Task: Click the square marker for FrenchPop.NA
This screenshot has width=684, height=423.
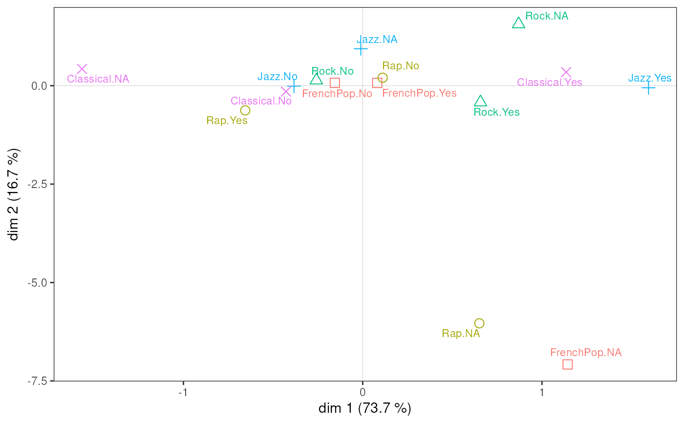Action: click(567, 364)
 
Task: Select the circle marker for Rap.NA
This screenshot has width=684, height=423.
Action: click(479, 323)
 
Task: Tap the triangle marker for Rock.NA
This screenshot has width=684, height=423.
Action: click(518, 23)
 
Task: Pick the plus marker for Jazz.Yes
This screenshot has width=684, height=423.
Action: click(648, 88)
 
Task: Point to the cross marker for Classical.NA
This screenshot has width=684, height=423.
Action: click(82, 69)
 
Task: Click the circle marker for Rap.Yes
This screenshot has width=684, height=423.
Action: click(245, 110)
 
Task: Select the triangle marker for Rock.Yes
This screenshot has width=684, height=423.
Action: click(481, 101)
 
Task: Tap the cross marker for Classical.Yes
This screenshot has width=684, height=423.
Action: click(566, 72)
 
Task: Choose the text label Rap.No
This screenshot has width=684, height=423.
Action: click(401, 66)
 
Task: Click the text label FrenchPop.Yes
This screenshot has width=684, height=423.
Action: click(419, 93)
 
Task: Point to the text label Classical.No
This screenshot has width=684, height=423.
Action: click(261, 101)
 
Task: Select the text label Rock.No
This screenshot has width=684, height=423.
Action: click(332, 71)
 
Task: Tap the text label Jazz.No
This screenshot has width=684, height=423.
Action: click(277, 76)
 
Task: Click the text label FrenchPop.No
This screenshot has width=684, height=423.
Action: click(337, 94)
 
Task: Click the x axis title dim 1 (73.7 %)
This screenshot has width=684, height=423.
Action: click(364, 408)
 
